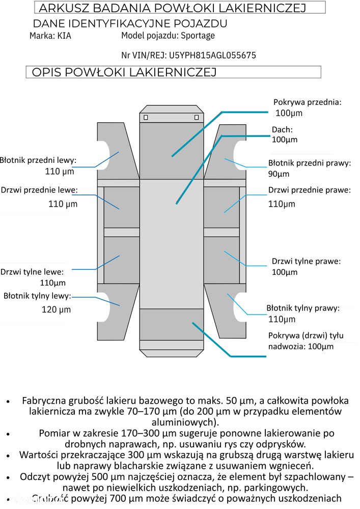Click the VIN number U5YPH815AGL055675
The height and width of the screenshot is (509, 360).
click(212, 55)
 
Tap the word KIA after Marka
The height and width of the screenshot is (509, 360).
click(64, 36)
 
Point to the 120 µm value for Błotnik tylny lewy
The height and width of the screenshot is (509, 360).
click(56, 309)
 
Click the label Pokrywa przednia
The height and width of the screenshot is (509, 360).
click(307, 102)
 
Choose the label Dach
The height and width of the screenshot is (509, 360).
click(282, 130)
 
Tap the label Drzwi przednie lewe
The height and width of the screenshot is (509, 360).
click(39, 190)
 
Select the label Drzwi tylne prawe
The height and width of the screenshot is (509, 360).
click(306, 261)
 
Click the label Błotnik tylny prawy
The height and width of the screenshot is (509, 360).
click(302, 308)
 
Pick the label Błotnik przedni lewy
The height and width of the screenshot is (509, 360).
click(38, 160)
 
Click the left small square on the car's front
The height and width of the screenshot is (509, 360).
click(146, 118)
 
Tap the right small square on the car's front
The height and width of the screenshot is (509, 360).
click(197, 118)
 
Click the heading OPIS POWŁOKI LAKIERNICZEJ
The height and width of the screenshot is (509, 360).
click(124, 72)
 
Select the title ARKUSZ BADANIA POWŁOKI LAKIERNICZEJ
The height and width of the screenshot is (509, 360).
click(172, 8)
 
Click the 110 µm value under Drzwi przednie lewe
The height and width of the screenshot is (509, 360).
click(63, 204)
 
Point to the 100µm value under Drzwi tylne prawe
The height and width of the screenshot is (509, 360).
click(285, 272)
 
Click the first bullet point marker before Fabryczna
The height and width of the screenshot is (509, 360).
click(8, 402)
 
